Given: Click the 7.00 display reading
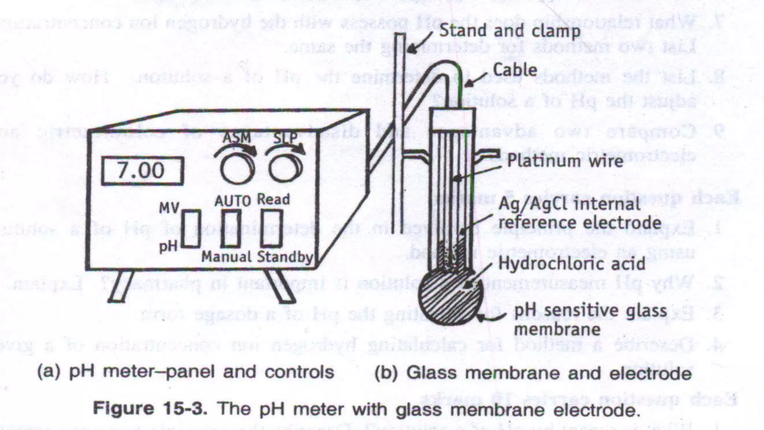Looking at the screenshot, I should click(142, 171).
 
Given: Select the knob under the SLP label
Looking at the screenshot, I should click(286, 169).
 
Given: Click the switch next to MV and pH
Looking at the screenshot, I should click(191, 228).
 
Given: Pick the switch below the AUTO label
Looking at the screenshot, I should click(231, 228).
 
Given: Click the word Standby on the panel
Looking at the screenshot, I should click(285, 257).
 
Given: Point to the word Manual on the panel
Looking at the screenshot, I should click(226, 257).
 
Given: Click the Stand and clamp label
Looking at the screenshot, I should click(510, 31).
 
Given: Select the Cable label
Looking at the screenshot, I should click(515, 70).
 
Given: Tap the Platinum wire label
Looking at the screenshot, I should click(565, 161).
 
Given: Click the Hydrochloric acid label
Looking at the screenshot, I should click(572, 264).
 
